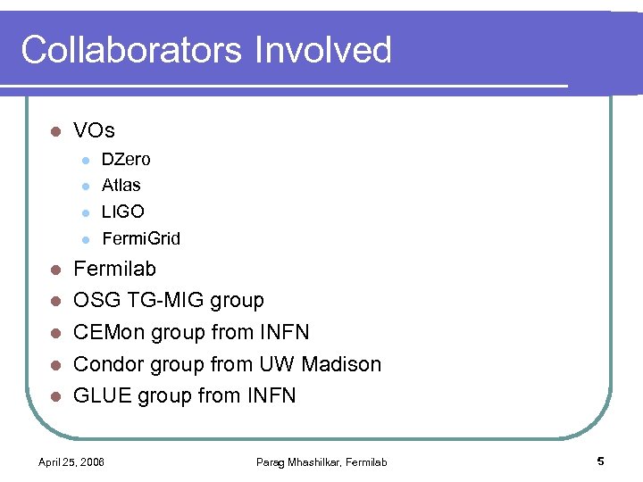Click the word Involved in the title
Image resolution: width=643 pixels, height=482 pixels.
pos(322,50)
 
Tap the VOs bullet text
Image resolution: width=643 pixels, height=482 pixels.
pos(94,131)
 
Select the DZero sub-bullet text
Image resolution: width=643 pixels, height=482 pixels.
pos(126,160)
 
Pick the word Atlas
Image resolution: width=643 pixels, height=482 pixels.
pos(121,186)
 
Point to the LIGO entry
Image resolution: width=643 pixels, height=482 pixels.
pos(123,212)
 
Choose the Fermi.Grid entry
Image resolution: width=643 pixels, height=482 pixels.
pos(141,238)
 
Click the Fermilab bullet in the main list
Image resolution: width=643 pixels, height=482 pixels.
pos(114,269)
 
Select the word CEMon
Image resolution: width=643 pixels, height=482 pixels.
pos(109,333)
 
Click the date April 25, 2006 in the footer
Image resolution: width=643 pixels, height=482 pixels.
pos(71,461)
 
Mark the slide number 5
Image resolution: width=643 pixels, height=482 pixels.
pos(601,461)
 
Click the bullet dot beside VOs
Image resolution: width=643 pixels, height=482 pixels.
pos(54,132)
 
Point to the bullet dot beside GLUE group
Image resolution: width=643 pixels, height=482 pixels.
pos(54,396)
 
